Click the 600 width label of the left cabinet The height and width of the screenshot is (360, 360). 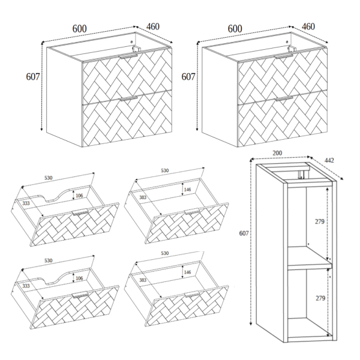[x=79, y=29]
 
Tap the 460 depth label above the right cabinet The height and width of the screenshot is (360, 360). [x=308, y=26]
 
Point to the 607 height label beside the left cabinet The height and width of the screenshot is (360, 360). [x=33, y=77]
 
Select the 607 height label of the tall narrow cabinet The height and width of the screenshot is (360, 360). [x=244, y=233]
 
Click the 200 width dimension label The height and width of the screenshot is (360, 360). [x=277, y=153]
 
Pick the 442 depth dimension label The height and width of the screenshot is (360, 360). [x=329, y=160]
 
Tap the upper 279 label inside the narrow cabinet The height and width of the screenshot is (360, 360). [x=319, y=221]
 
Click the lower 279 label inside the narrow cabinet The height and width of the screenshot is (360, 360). [x=320, y=298]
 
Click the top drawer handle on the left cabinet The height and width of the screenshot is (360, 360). [x=128, y=56]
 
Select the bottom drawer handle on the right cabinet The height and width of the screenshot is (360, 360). [x=284, y=98]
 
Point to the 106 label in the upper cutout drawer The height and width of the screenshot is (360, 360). [x=79, y=196]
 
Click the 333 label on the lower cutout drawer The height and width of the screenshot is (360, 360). [x=26, y=286]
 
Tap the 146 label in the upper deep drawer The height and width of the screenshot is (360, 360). [x=187, y=190]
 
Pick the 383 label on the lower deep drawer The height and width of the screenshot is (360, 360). [x=143, y=280]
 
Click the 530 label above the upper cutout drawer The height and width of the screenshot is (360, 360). [x=49, y=178]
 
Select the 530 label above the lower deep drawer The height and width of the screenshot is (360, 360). [x=165, y=253]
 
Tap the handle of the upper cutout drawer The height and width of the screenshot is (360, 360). [x=80, y=212]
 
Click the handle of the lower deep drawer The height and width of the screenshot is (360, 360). [x=192, y=294]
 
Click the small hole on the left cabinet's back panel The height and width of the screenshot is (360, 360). [x=131, y=42]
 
